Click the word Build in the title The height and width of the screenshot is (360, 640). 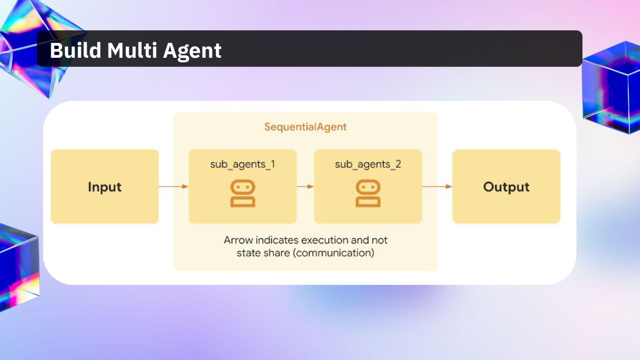pyautogui.click(x=75, y=50)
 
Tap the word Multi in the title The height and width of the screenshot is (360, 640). pyautogui.click(x=132, y=50)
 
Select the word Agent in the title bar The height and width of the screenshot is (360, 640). pyautogui.click(x=192, y=51)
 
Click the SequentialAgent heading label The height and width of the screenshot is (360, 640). pyautogui.click(x=305, y=127)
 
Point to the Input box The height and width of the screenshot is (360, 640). pyautogui.click(x=105, y=187)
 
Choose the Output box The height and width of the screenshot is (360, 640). pyautogui.click(x=506, y=187)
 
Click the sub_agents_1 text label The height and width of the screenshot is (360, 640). pyautogui.click(x=243, y=164)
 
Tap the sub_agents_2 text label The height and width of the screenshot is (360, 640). pyautogui.click(x=368, y=164)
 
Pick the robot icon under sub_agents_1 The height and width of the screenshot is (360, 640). pyautogui.click(x=243, y=194)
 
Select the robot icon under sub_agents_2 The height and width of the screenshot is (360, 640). pyautogui.click(x=368, y=194)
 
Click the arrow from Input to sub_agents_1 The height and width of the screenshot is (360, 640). pyautogui.click(x=173, y=187)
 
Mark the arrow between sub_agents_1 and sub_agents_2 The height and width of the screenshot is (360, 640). pyautogui.click(x=305, y=187)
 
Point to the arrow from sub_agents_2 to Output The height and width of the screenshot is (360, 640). pyautogui.click(x=437, y=187)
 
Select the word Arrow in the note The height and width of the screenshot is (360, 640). pyautogui.click(x=239, y=240)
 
